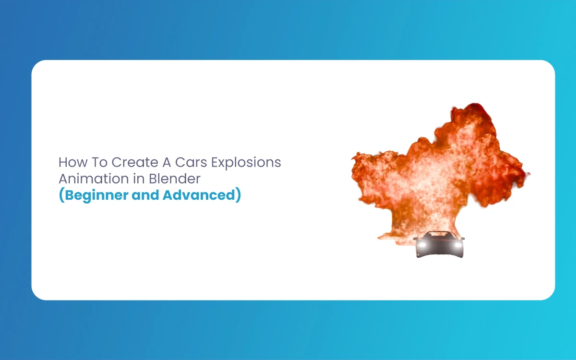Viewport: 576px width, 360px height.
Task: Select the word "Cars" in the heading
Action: coord(191,162)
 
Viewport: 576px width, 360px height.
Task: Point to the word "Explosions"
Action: coord(246,163)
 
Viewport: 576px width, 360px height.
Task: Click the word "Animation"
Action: coord(94,179)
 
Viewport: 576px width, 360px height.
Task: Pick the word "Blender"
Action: coord(175,179)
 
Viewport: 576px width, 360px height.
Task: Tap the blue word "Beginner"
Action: coord(96,195)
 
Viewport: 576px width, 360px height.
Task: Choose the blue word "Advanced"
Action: coord(199,195)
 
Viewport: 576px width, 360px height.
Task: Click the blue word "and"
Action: coord(145,195)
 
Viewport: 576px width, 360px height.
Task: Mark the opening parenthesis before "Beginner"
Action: coord(62,195)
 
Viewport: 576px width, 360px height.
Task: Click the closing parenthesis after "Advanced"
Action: coord(238,195)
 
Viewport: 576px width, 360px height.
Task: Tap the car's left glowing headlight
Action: coord(422,244)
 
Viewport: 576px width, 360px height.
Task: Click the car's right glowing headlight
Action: coord(458,244)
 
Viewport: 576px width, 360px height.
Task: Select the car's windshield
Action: coord(439,235)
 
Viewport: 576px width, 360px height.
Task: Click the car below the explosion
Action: coord(439,244)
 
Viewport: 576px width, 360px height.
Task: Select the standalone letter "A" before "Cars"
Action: coord(167,162)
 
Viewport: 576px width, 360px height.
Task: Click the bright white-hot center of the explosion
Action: coord(434,180)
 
